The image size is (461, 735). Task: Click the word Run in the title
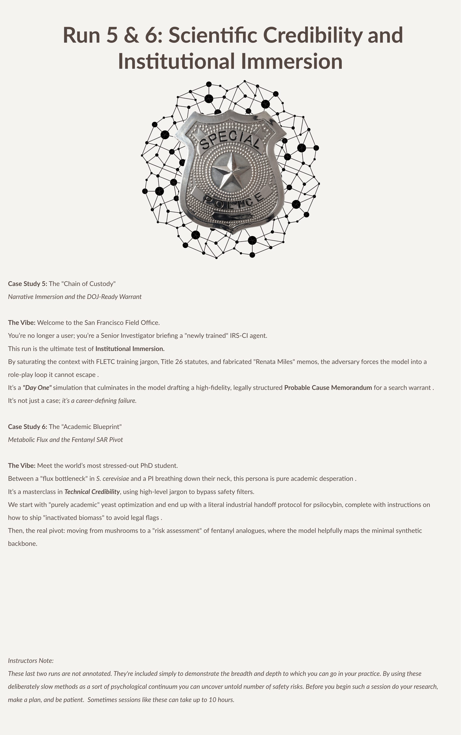[x=81, y=35]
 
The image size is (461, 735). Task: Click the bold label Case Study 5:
[x=27, y=284]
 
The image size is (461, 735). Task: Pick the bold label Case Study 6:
[x=27, y=427]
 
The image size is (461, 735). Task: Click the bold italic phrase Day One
[x=37, y=388]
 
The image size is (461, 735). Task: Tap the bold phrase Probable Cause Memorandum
[x=328, y=388]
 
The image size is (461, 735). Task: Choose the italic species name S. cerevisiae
[x=113, y=479]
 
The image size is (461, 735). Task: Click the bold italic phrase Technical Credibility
[x=92, y=491]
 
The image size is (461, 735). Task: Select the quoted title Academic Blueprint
[x=91, y=427]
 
